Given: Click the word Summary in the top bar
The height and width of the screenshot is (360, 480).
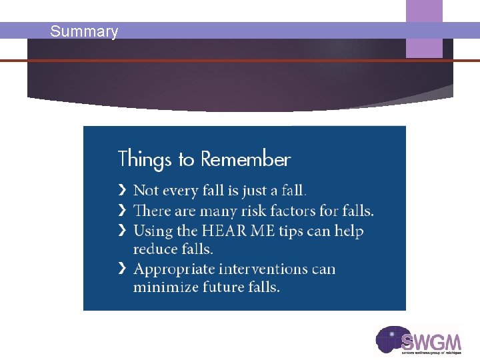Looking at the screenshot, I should click(84, 31).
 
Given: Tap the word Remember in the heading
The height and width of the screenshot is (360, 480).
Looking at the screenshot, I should click(245, 160).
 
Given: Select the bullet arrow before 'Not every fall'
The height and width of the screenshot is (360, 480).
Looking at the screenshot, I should click(122, 191).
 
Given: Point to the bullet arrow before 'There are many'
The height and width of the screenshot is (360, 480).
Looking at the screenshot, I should click(122, 211).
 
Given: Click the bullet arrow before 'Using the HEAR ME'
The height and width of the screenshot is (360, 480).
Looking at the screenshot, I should click(122, 231).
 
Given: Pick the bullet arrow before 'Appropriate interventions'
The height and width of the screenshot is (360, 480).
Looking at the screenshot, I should click(122, 269).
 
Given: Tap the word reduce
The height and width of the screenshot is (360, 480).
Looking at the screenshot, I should click(155, 249).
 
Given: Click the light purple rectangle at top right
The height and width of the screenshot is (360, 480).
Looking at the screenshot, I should click(424, 29).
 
